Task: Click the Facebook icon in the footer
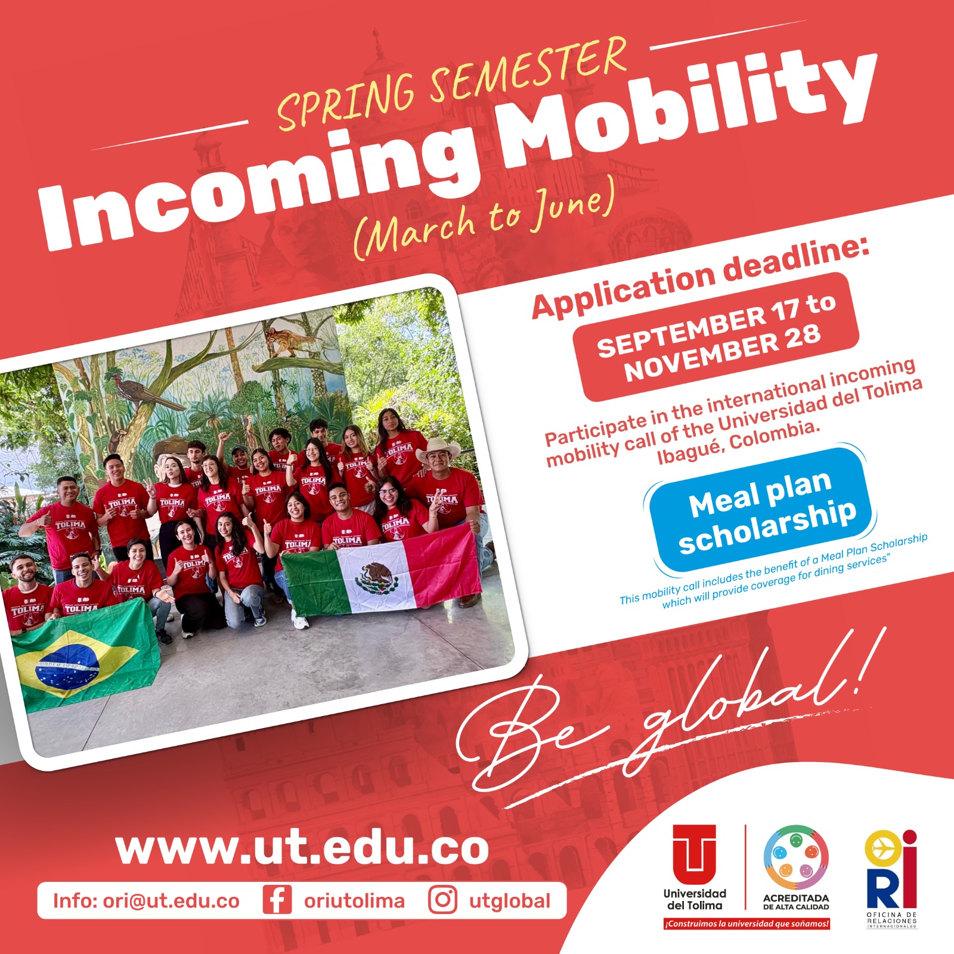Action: click(x=277, y=900)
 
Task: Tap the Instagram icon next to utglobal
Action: click(x=442, y=900)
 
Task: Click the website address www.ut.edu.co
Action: click(x=302, y=848)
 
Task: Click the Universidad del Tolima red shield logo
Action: click(x=695, y=854)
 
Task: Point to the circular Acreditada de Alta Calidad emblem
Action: click(x=796, y=857)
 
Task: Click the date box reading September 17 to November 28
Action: click(x=715, y=337)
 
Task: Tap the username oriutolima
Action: click(x=354, y=901)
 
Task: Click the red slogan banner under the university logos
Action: click(x=747, y=924)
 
